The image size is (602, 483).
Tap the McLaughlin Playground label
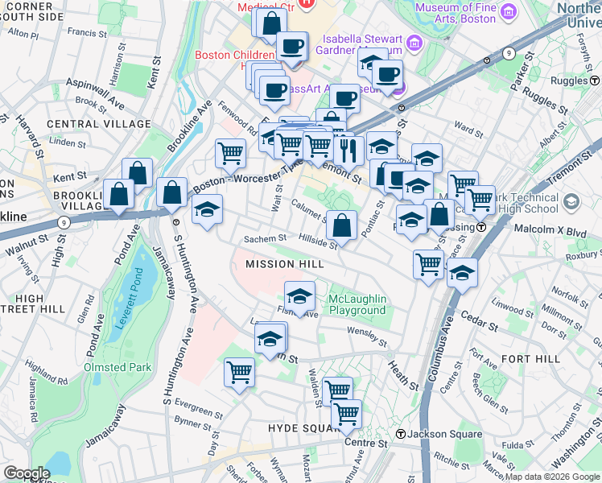[357, 304]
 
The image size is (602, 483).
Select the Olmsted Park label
[116, 367]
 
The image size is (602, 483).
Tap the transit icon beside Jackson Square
[400, 435]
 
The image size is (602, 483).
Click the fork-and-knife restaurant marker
[348, 150]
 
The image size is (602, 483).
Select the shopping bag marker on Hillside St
[342, 226]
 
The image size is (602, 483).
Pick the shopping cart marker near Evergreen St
[239, 373]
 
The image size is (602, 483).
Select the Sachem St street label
[265, 238]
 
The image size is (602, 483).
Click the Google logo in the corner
[27, 473]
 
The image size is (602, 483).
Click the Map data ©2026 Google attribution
[552, 477]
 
